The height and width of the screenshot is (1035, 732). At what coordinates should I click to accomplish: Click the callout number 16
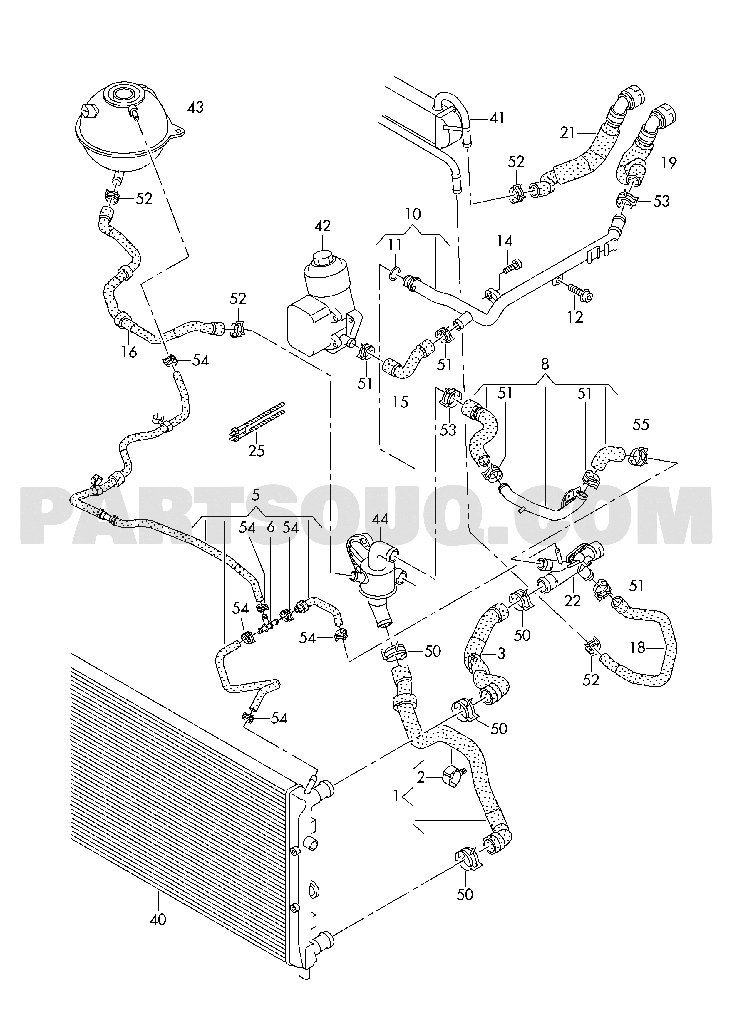(x=129, y=352)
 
